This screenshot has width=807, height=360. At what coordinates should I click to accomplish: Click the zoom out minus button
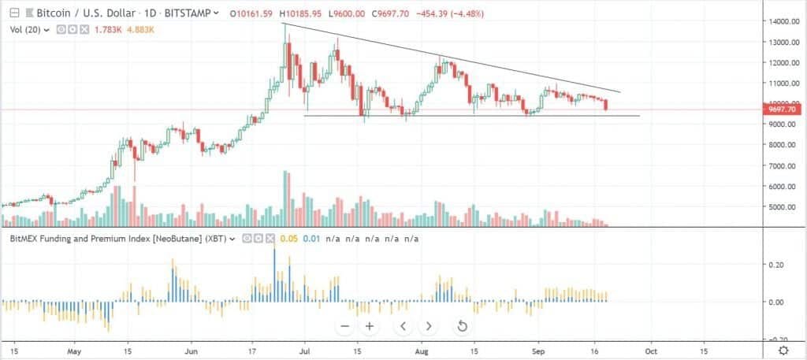344,325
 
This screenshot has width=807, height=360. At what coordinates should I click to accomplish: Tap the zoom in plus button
368,325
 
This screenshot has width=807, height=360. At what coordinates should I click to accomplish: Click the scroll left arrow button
403,325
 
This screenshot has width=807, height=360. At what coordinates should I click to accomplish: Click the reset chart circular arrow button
463,325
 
